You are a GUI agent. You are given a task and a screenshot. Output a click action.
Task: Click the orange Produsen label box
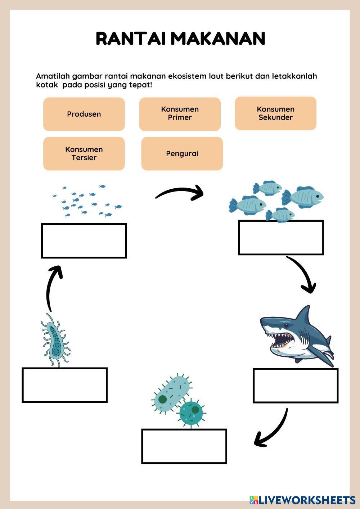[84, 114]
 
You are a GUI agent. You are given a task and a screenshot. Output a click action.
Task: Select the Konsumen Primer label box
[180, 114]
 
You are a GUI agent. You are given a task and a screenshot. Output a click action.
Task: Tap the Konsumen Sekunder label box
[275, 113]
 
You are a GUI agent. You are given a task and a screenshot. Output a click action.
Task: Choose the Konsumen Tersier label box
[84, 153]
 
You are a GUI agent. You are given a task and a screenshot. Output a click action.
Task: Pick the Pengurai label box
[182, 154]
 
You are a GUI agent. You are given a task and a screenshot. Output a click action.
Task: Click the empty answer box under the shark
[295, 385]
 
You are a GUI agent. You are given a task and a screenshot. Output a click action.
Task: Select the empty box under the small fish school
[84, 241]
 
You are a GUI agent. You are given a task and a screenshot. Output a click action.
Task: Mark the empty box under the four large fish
[281, 238]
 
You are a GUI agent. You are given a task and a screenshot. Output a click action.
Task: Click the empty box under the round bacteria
[184, 446]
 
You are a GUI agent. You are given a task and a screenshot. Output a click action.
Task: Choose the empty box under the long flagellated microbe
[65, 385]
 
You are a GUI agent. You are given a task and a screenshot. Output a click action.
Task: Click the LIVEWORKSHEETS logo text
[306, 500]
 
